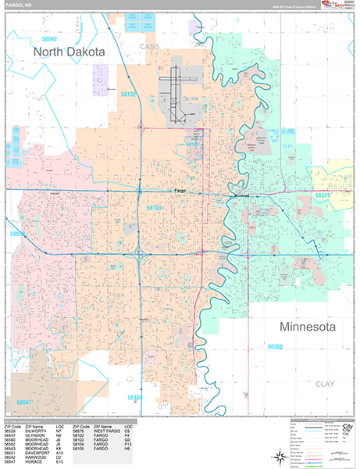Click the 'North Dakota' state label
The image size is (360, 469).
pyautogui.click(x=68, y=51)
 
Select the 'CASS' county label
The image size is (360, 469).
pyautogui.click(x=149, y=47)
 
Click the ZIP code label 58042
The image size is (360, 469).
pyautogui.click(x=50, y=38)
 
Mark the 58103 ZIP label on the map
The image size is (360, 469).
pyautogui.click(x=153, y=208)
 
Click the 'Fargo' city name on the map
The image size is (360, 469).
pyautogui.click(x=179, y=191)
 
